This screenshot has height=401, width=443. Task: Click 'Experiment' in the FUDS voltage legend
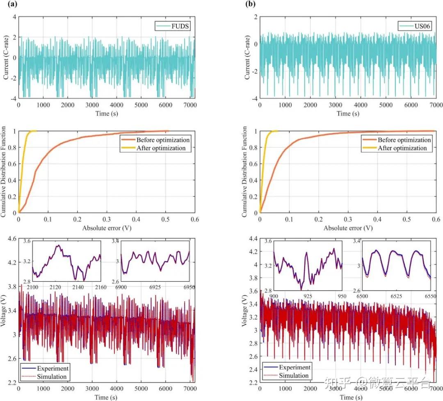(52, 368)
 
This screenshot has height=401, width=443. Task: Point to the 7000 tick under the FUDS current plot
(189, 105)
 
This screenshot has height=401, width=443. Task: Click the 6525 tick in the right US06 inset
(396, 296)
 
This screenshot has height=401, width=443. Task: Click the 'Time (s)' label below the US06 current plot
(348, 113)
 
